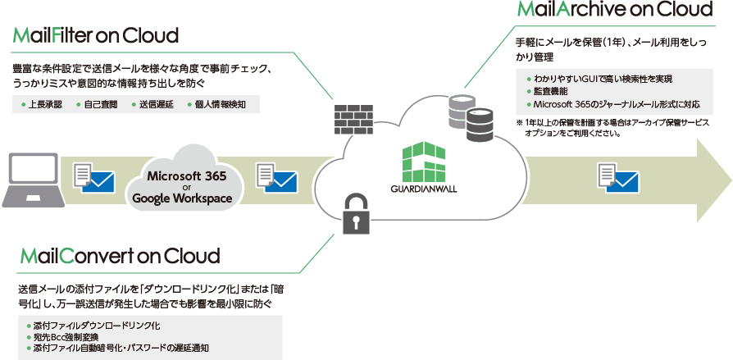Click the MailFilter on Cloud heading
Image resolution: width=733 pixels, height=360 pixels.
click(96, 36)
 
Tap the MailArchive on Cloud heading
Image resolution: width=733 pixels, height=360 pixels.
click(614, 10)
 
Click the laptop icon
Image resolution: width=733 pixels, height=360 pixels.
click(31, 181)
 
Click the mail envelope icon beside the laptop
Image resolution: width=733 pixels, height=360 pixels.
click(93, 177)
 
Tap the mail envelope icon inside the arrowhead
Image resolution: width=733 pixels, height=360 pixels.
click(619, 176)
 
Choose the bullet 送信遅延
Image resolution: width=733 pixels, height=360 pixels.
click(153, 105)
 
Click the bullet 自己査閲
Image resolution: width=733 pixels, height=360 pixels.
click(99, 105)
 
